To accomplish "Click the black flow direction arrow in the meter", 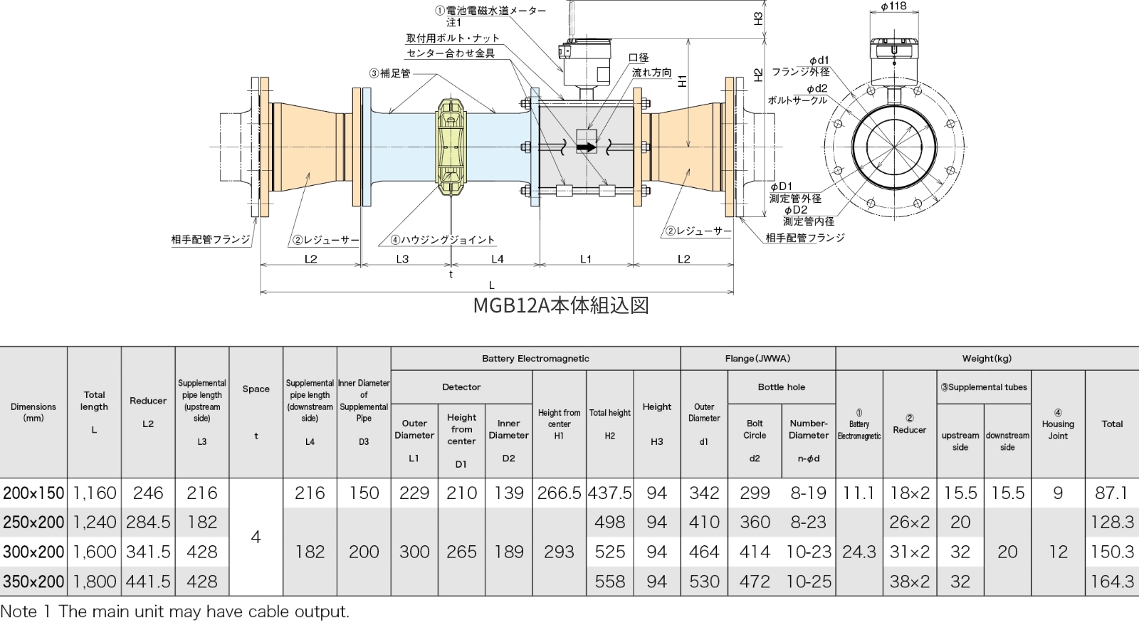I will (x=585, y=147).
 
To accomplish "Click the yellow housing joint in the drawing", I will (x=451, y=147).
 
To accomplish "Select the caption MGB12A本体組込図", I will (x=561, y=305).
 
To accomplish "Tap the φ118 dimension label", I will (x=893, y=6).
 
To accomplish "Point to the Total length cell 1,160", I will (x=95, y=493).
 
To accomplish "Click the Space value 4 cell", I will (x=256, y=537).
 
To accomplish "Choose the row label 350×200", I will (x=33, y=582).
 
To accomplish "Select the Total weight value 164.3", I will (x=1112, y=582).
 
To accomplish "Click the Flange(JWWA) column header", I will (x=757, y=359).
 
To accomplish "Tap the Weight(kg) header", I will (x=987, y=359).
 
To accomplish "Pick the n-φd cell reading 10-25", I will (x=809, y=582).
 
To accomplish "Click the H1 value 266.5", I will (x=559, y=493).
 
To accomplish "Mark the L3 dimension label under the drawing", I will (x=402, y=259).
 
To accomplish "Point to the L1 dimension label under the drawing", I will (x=586, y=259).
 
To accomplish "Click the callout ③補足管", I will (x=389, y=73).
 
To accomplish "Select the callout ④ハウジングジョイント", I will (x=442, y=240).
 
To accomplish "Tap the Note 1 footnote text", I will (x=175, y=611).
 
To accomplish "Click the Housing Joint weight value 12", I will (x=1058, y=552).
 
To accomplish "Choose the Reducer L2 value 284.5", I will (x=148, y=522).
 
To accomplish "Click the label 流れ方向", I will (x=651, y=73).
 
